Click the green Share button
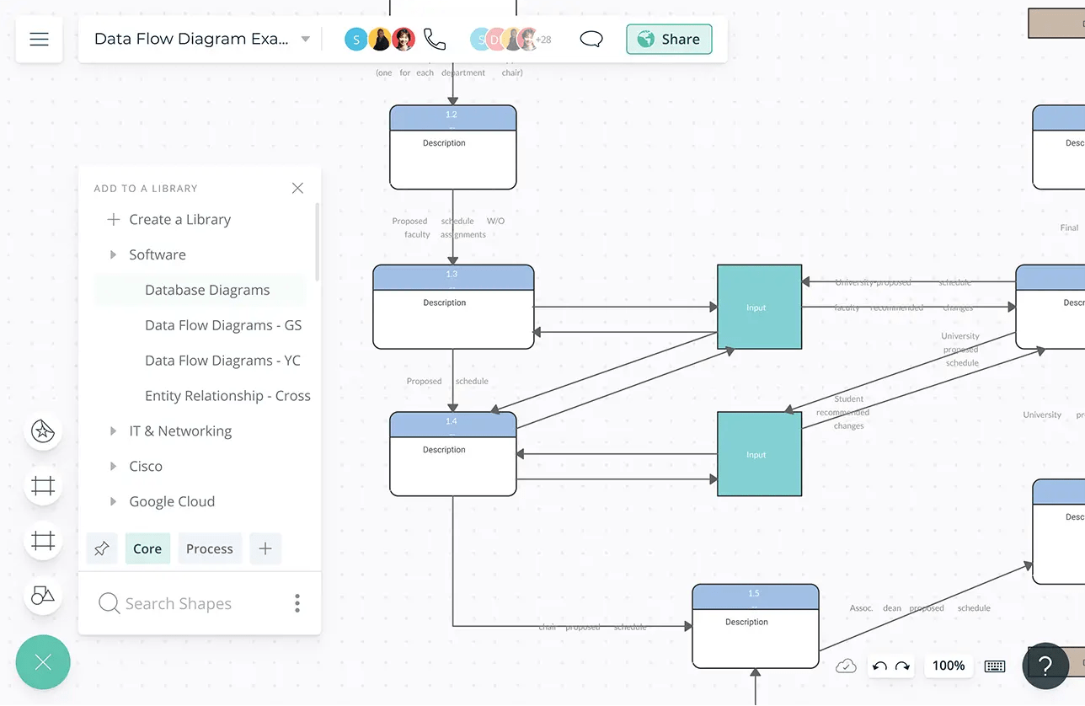[669, 39]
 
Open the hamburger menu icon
[39, 39]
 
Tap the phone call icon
[435, 39]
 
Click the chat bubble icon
[591, 39]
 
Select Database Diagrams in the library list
[207, 290]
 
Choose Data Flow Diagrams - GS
[223, 325]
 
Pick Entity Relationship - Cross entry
[227, 396]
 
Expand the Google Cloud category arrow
[113, 501]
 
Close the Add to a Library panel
[297, 188]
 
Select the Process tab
[209, 548]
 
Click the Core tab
[147, 548]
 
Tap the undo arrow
[879, 666]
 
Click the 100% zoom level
[949, 666]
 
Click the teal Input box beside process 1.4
[759, 454]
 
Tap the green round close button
[43, 662]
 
